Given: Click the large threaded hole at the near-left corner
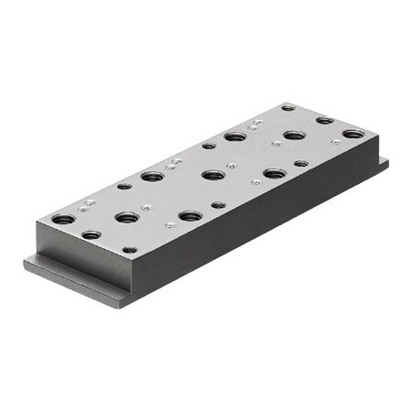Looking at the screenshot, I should tap(61, 220).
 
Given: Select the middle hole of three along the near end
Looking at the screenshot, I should tap(91, 235).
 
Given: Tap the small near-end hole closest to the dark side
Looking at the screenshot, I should tap(130, 249).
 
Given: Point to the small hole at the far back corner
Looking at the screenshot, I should tap(287, 108).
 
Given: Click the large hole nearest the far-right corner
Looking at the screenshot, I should tap(353, 135).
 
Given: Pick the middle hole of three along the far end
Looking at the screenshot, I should tap(325, 120).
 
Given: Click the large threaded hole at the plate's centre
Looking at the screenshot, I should tap(212, 175).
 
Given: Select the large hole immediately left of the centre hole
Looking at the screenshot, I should tap(153, 176).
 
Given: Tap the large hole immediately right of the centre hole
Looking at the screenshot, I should tap(273, 173).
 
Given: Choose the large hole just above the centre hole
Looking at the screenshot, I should tap(235, 137).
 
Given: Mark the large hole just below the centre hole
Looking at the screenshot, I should tap(190, 216).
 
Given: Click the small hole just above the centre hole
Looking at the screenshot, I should tap(209, 146).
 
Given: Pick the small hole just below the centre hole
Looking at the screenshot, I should tap(217, 204).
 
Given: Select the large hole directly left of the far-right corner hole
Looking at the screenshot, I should tap(294, 136).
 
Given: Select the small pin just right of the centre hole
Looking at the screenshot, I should tap(233, 167).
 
